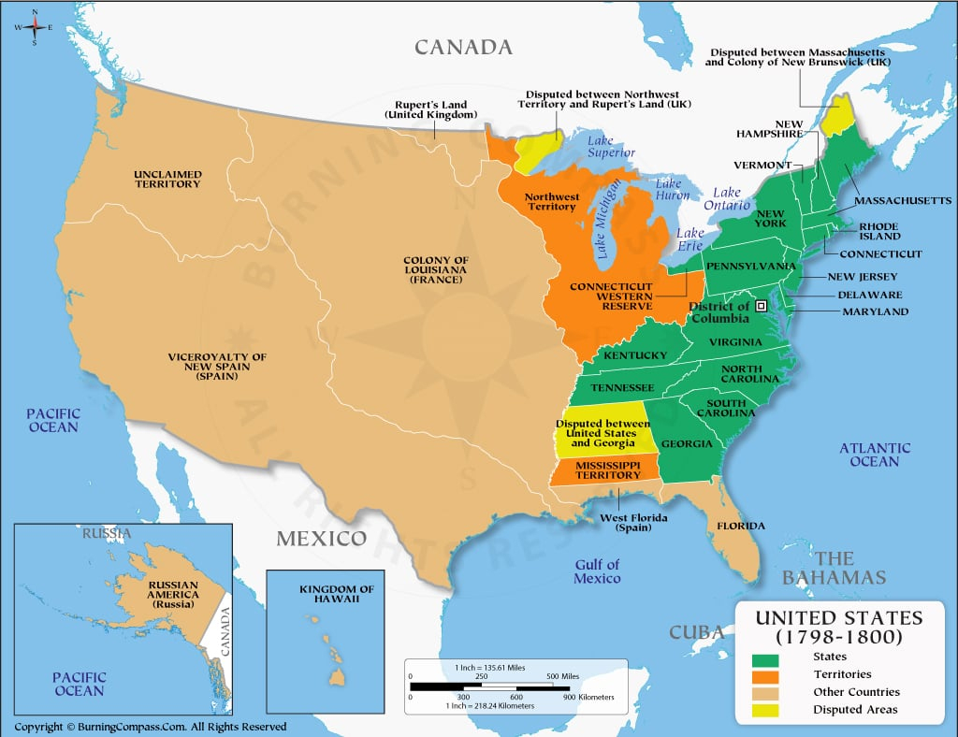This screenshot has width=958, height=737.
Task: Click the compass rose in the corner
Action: [35, 27]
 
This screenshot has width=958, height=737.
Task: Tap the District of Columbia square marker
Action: [762, 306]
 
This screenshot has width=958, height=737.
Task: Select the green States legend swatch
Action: [764, 657]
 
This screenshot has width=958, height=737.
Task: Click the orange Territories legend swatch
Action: [764, 674]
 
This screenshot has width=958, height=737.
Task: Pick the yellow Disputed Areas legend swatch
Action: [764, 710]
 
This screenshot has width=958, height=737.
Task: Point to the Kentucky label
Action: [635, 355]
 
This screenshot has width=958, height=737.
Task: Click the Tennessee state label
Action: [621, 387]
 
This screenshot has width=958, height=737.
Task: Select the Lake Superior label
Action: [611, 147]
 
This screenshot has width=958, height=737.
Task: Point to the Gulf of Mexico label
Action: [597, 571]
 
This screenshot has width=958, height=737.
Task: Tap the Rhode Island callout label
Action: [878, 231]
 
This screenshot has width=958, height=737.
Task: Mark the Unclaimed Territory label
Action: [167, 179]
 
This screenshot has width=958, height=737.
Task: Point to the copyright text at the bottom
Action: [151, 727]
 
